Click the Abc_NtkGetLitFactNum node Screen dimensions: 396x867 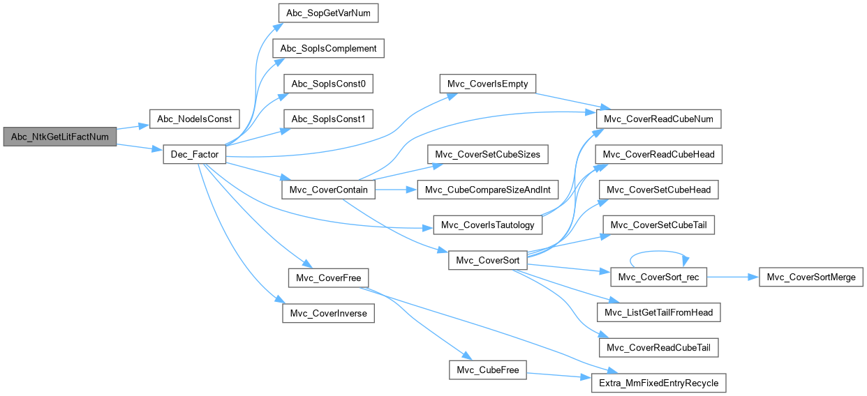59,137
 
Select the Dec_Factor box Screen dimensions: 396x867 194,154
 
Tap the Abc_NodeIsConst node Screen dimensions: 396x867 195,119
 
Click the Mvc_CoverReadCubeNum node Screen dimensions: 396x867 657,119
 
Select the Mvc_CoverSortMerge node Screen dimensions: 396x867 811,277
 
